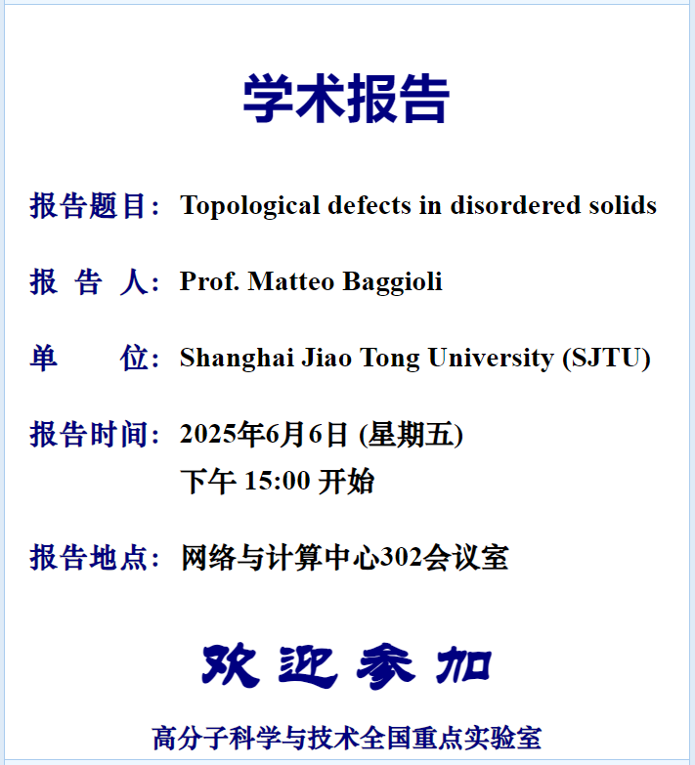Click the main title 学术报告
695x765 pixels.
tap(347, 99)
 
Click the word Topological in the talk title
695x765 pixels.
tap(249, 205)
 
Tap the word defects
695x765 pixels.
tap(369, 205)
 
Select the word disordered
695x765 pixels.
tap(515, 205)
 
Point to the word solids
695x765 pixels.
tap(623, 205)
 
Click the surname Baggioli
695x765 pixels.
tap(392, 282)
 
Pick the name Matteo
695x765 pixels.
tap(291, 281)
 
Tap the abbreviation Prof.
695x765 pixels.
tap(209, 281)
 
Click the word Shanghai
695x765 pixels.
tap(237, 359)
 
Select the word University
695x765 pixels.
tap(491, 359)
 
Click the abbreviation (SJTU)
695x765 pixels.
tap(607, 359)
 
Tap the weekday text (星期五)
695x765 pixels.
tap(411, 434)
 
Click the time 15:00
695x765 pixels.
tap(278, 481)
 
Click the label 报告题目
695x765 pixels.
tap(88, 205)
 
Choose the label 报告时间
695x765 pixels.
tap(88, 434)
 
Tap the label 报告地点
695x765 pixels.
tap(88, 557)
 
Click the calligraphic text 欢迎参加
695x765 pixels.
tap(347, 666)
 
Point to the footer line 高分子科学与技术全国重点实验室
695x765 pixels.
tap(347, 738)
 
